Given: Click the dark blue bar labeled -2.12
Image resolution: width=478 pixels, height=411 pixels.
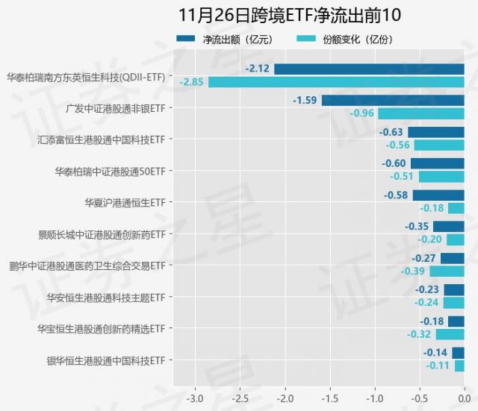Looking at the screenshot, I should (369, 69).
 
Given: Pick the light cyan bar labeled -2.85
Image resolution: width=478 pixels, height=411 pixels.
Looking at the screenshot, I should (336, 81).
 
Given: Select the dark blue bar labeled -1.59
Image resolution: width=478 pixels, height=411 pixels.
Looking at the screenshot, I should (393, 100).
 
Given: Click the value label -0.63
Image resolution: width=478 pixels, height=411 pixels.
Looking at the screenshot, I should (391, 132).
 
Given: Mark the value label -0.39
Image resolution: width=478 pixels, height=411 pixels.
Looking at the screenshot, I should (413, 272).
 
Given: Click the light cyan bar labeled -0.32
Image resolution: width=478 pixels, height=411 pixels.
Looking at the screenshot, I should (450, 335).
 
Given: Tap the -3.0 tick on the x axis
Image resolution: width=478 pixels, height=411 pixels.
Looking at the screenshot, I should (195, 396).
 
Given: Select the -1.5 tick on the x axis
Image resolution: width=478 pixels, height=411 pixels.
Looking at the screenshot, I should (329, 396).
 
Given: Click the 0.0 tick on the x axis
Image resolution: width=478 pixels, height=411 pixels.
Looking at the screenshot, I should (463, 396).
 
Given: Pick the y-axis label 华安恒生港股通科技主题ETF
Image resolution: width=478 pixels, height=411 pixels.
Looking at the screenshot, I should (105, 297).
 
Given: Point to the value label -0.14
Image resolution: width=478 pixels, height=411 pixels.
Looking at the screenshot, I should (435, 353).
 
